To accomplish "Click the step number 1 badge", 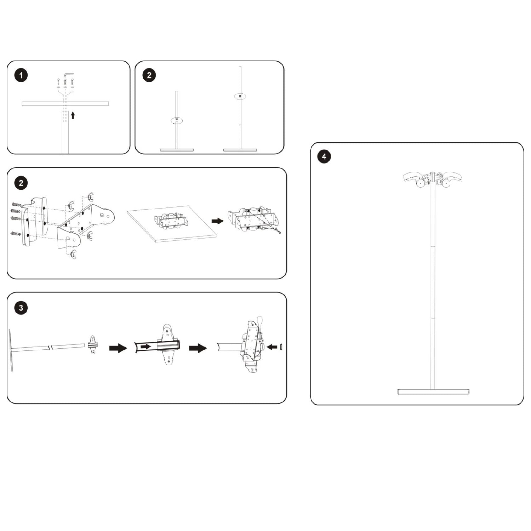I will click(21, 75).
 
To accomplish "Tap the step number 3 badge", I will click(21, 308).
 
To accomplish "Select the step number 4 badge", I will click(324, 156).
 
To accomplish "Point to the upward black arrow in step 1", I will click(73, 115).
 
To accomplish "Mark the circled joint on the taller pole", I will click(240, 96).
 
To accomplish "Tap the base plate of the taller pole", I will click(240, 150).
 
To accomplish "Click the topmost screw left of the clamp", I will click(16, 204).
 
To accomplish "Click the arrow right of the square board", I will click(218, 221).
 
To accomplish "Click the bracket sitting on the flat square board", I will click(171, 221).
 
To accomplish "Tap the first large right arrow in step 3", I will click(118, 348).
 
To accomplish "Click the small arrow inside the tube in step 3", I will click(145, 347).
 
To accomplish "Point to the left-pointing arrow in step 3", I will click(272, 347).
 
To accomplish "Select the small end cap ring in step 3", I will click(281, 347).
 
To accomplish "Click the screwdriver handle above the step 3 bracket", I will click(260, 321).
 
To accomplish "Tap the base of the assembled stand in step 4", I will click(433, 392).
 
